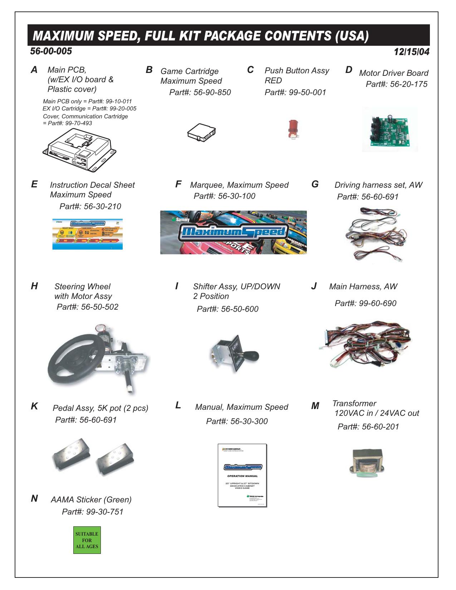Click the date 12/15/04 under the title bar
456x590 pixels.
click(411, 52)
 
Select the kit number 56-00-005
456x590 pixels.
click(51, 51)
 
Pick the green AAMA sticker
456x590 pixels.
click(87, 540)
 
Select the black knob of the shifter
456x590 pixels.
click(252, 356)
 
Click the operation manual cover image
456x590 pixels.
click(242, 475)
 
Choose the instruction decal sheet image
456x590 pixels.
click(88, 234)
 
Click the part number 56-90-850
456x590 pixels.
click(212, 92)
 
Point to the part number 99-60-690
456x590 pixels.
click(378, 303)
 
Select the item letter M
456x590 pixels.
click(315, 406)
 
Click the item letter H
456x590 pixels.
click(34, 286)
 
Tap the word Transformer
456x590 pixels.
click(354, 403)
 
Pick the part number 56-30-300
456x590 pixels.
click(249, 421)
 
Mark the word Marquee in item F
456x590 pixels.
click(206, 185)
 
